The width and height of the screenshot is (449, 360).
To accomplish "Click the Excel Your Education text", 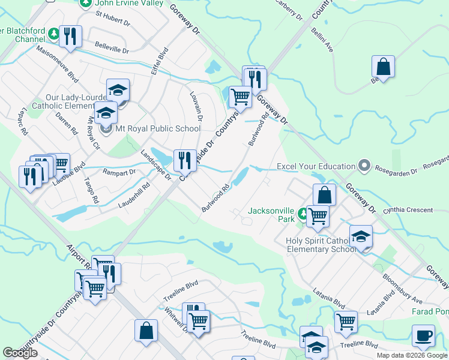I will pyautogui.click(x=316, y=166).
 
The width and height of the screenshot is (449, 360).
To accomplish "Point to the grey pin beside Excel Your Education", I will pyautogui.click(x=363, y=165).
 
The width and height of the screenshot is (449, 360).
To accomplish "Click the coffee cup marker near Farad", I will pyautogui.click(x=424, y=335).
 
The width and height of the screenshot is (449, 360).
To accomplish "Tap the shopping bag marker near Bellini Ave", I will pyautogui.click(x=383, y=67).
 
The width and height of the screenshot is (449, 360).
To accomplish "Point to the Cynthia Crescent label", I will pyautogui.click(x=411, y=210).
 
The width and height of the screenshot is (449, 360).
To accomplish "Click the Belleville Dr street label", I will pyautogui.click(x=112, y=47).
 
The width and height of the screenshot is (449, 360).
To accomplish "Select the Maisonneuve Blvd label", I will pyautogui.click(x=57, y=66).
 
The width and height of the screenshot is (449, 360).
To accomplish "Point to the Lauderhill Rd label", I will pyautogui.click(x=133, y=196).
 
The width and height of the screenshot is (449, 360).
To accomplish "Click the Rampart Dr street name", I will pyautogui.click(x=119, y=172).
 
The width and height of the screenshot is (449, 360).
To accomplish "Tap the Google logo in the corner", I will pyautogui.click(x=20, y=353).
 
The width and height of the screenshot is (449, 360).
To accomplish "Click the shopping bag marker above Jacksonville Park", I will pyautogui.click(x=324, y=195).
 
